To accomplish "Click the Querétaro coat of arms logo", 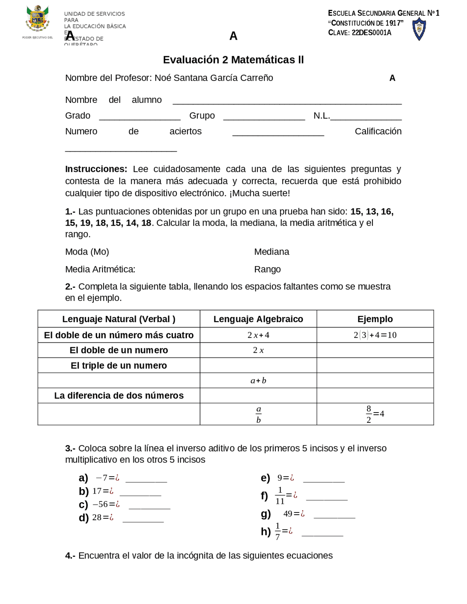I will (x=37, y=19).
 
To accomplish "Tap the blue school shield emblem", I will (x=419, y=29).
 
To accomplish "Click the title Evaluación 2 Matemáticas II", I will (x=233, y=60).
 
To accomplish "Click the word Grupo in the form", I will (x=202, y=116).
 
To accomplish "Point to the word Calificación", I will (x=378, y=131).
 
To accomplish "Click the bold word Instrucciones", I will (x=96, y=169).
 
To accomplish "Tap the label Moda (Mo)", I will (x=87, y=252).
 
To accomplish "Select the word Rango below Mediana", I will (x=267, y=269).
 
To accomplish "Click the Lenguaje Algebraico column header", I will (x=258, y=319).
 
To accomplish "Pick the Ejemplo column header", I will (x=375, y=319).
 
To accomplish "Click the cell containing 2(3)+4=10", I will (x=375, y=335).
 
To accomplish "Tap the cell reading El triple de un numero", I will (x=119, y=365).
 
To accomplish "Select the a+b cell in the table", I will (x=258, y=380).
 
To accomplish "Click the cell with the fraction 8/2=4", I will (x=375, y=414).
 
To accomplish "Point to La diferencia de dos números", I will (x=119, y=395).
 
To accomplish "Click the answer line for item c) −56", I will (x=149, y=507).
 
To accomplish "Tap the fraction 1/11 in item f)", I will (x=280, y=495).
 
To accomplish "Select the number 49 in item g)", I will (x=288, y=514).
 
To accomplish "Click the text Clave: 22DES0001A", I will (x=359, y=32).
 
